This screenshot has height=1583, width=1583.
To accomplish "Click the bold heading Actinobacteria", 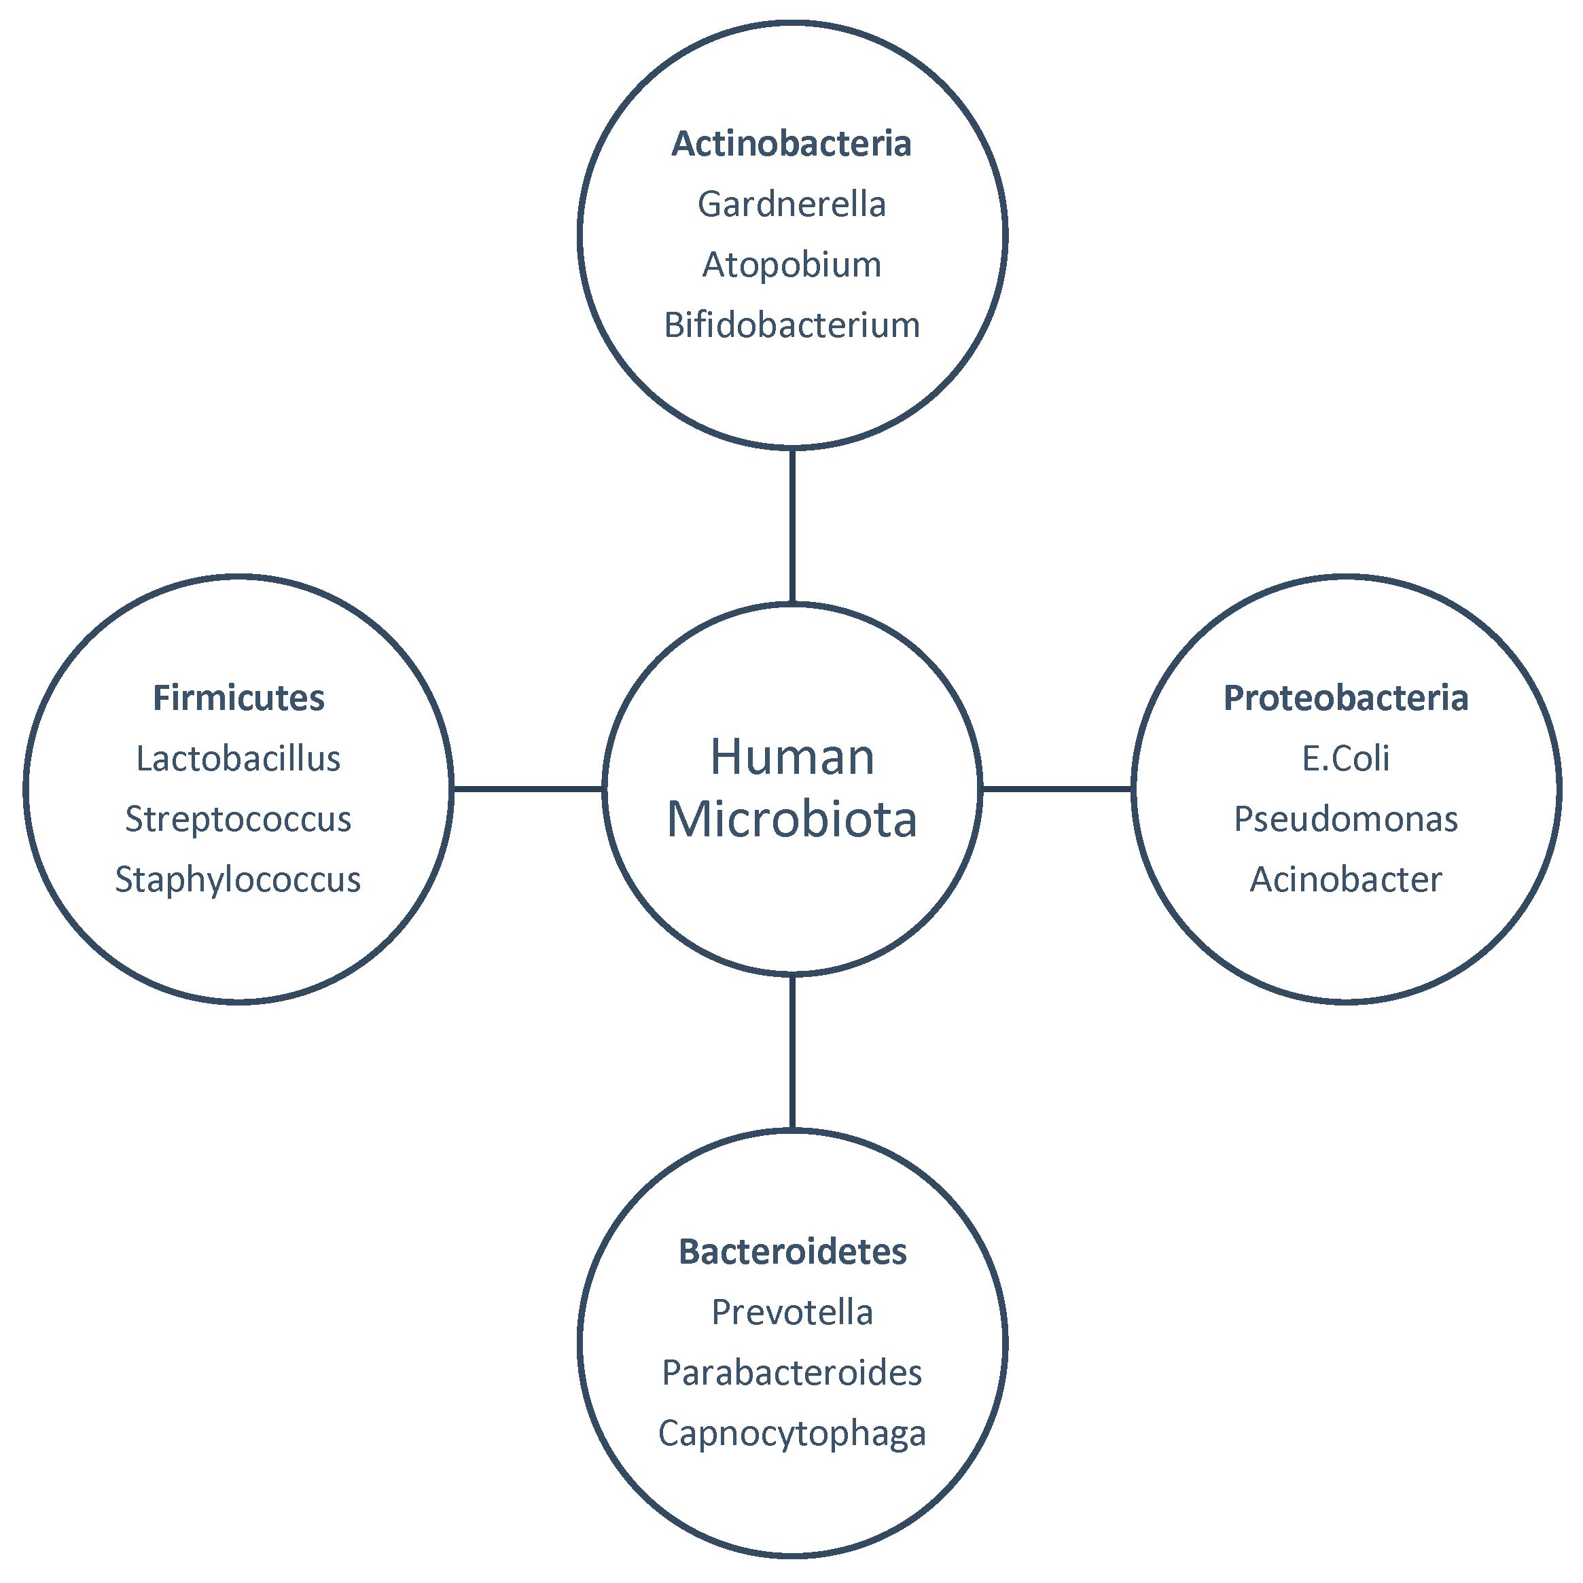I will tap(791, 144).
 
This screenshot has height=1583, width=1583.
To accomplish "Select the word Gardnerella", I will tap(791, 205).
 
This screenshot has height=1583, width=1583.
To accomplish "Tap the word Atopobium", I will tap(791, 266).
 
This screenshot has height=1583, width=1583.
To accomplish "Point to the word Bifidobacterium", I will tap(791, 325).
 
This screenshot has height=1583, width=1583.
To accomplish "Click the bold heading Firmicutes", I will tap(238, 698).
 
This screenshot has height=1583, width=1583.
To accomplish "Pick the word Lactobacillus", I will tap(238, 759).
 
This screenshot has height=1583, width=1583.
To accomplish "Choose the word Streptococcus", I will tap(238, 819).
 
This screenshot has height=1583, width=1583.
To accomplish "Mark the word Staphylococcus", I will tap(238, 880).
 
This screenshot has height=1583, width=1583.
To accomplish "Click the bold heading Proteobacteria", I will tap(1345, 698).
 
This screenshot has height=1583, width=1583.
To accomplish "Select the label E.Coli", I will tap(1345, 759).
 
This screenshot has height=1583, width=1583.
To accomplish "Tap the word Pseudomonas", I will tap(1345, 819).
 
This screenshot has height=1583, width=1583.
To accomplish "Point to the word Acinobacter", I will tap(1345, 880).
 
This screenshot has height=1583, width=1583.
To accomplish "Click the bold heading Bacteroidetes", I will tap(792, 1252).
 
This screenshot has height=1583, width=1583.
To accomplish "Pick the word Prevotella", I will tap(792, 1313).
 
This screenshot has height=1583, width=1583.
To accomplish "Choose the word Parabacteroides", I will tap(792, 1373).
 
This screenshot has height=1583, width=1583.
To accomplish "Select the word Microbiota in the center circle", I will tap(792, 819).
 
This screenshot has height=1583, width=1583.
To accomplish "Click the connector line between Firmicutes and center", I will tap(529, 789).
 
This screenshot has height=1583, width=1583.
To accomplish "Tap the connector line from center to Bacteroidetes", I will tap(792, 1052).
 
